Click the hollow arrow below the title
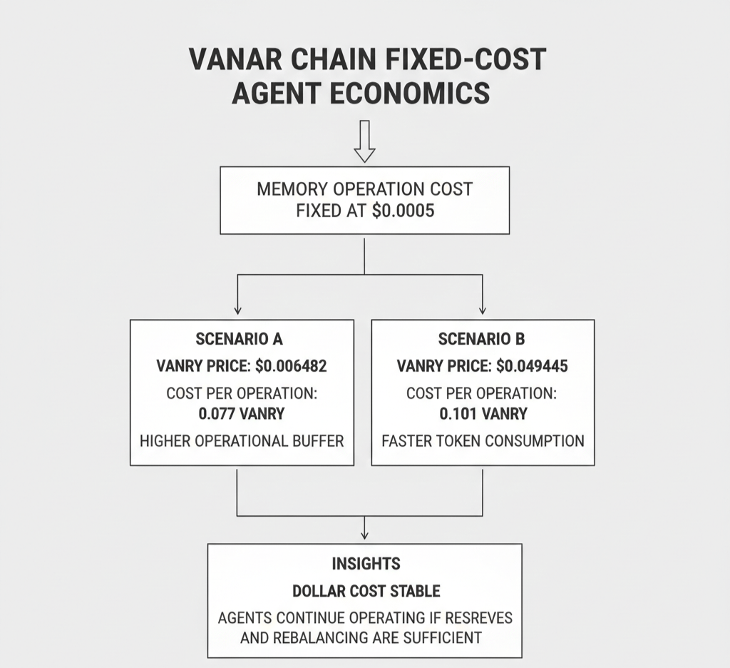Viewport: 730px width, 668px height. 364,141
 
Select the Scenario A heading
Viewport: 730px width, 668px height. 240,339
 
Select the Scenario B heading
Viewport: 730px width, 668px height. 482,339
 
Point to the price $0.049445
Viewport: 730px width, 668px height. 532,366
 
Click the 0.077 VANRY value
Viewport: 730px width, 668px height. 241,413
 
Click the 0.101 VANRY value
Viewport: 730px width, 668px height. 483,413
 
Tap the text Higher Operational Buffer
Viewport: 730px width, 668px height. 242,440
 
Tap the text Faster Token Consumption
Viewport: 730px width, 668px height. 483,440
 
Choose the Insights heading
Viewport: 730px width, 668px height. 365,564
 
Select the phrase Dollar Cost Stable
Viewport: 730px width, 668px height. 366,591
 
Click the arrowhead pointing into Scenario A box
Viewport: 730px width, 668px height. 237,310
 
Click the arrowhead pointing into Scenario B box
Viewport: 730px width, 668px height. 483,310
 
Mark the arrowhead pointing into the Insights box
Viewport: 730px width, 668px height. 364,535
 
